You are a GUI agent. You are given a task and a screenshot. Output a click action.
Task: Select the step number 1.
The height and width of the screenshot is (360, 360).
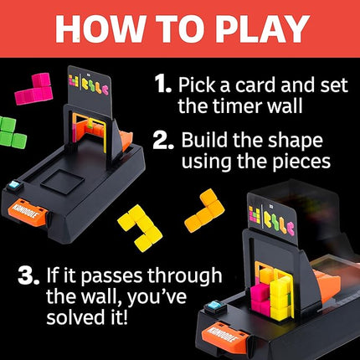pos(162,83)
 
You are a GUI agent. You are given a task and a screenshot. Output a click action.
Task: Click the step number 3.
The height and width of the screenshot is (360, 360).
pos(28,275)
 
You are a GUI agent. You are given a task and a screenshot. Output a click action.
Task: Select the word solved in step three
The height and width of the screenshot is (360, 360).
pos(73,316)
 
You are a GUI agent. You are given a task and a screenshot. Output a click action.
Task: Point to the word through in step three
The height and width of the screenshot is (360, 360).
pos(185,276)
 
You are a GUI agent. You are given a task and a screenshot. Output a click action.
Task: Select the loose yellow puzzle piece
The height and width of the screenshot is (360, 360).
pos(141,228)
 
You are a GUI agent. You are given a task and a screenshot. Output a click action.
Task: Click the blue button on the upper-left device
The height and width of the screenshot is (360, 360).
pos(14,186)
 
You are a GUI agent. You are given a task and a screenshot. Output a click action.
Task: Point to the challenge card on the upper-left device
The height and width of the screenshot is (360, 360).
pos(90,90)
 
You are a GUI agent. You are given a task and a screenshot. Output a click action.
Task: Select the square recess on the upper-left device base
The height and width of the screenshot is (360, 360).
pos(62,183)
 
